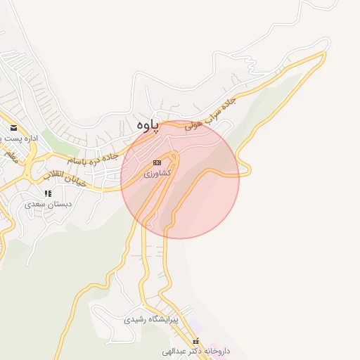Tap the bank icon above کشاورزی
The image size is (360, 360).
click(157, 162)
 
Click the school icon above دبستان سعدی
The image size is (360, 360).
click(48, 193)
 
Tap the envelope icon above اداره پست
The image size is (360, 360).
click(14, 128)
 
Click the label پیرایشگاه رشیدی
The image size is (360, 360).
click(151, 319)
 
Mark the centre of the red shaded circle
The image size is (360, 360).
click(180, 179)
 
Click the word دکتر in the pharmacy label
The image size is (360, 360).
click(197, 350)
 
